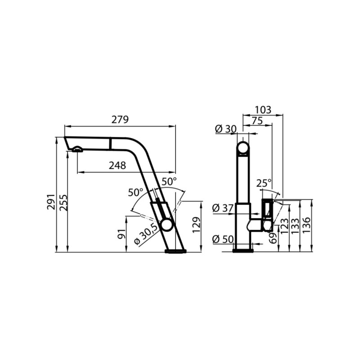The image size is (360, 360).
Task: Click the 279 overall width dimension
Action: pos(120,120)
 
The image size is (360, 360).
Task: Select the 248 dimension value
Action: pos(117,165)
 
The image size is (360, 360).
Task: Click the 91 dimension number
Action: pos(121,234)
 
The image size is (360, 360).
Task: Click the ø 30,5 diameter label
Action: pos(146,234)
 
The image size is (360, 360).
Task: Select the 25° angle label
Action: pos(264,183)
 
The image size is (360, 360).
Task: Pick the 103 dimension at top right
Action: pos(263,109)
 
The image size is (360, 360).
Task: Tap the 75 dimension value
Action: pos(257,121)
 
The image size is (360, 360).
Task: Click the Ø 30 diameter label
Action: pos(225,129)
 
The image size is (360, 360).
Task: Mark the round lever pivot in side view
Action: pos(167,225)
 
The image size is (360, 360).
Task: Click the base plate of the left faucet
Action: pos(175,251)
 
